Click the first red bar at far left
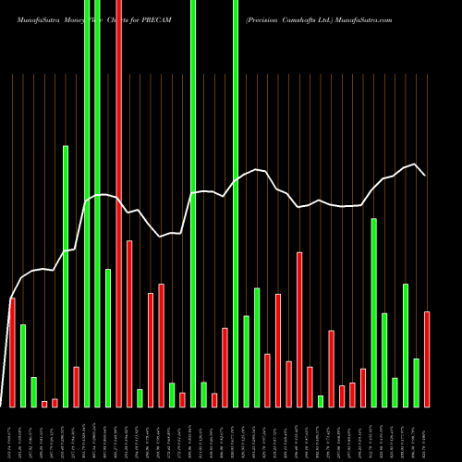click(12, 352)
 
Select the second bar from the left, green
click(23, 365)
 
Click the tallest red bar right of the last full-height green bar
click(299, 329)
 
